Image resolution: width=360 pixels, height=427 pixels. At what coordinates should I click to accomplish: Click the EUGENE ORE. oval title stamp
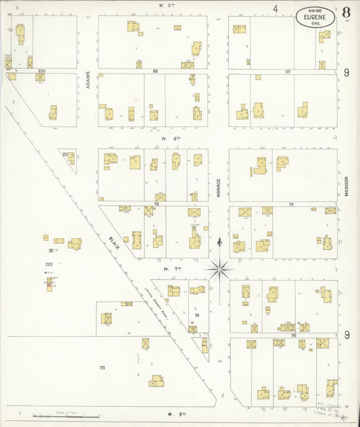(x=315, y=15)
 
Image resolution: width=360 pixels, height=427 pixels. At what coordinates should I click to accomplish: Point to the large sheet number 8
(x=346, y=11)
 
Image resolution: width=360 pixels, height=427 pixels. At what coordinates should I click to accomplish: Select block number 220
(x=41, y=71)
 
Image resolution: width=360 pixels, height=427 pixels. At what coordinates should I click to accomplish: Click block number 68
(x=155, y=71)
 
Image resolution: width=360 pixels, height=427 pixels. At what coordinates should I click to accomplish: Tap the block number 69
(x=287, y=71)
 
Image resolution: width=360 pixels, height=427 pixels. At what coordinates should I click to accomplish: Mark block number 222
(x=49, y=263)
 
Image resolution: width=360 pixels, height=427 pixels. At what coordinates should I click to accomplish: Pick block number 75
(x=102, y=368)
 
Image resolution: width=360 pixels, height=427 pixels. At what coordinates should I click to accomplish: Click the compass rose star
(x=220, y=270)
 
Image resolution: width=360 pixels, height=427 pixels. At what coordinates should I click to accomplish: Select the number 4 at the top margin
(x=276, y=9)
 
